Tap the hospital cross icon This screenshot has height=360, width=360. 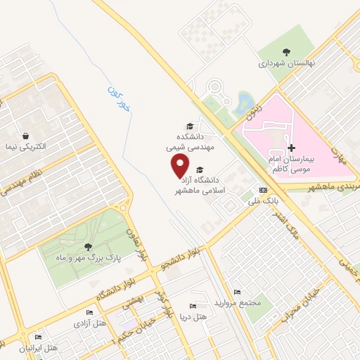click(292, 148)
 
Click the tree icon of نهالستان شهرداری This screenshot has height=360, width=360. click(286, 51)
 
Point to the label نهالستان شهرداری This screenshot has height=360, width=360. click(287, 63)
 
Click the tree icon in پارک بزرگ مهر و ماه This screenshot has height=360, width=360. click(87, 246)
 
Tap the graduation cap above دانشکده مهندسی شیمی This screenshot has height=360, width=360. click(189, 126)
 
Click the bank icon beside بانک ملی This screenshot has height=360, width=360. click(263, 190)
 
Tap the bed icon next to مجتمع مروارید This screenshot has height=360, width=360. click(237, 292)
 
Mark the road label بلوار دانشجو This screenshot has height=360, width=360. click(182, 258)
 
